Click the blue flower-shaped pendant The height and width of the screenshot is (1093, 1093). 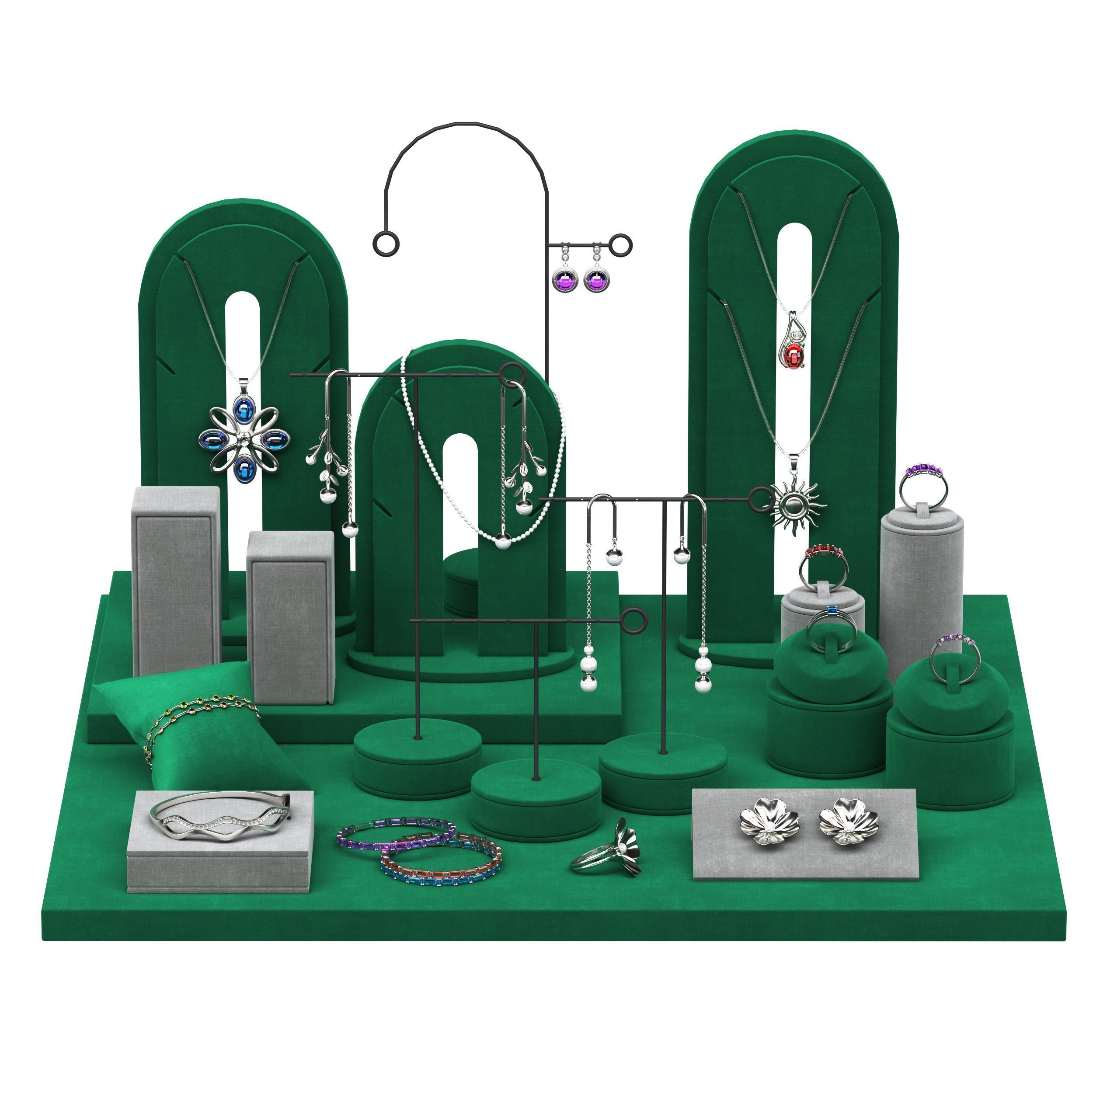point(244,439)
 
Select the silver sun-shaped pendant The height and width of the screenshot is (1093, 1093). point(798,505)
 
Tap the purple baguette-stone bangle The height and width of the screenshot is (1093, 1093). point(396,835)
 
